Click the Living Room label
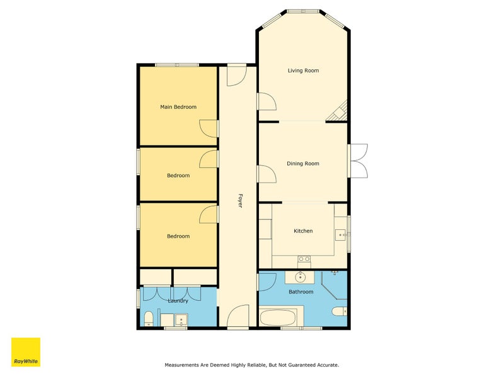click(x=303, y=71)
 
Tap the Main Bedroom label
click(x=178, y=106)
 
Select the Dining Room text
click(x=303, y=163)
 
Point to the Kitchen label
click(x=303, y=231)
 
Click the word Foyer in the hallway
click(x=240, y=200)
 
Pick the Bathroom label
click(x=301, y=292)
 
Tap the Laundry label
click(x=178, y=301)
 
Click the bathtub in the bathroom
click(x=278, y=318)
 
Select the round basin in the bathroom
click(x=301, y=277)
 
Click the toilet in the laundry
click(x=149, y=318)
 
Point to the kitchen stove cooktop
click(x=304, y=259)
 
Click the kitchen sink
click(x=340, y=235)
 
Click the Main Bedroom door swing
click(x=209, y=129)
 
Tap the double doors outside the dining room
click(x=358, y=161)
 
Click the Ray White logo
click(x=26, y=352)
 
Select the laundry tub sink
click(x=181, y=320)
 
